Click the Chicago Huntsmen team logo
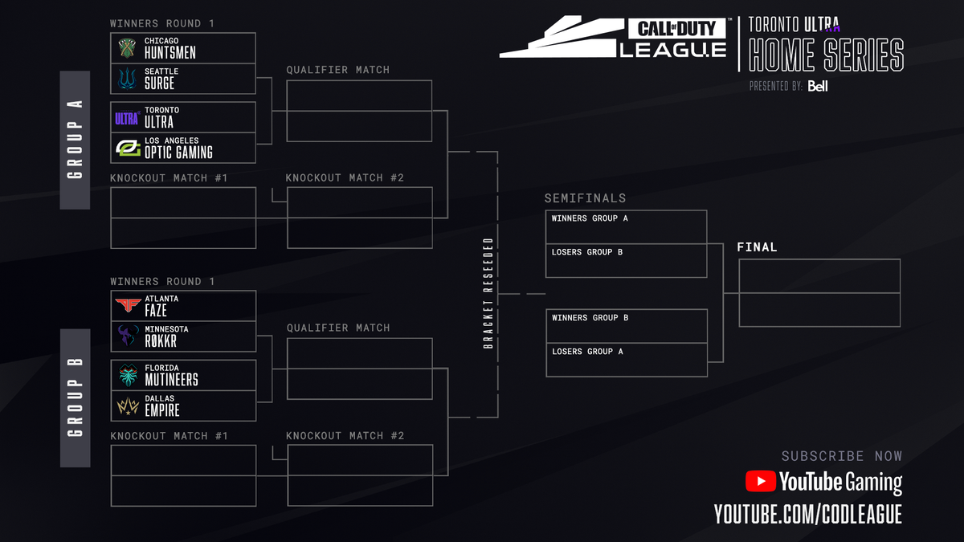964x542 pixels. (x=127, y=48)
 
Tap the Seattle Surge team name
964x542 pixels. (x=160, y=79)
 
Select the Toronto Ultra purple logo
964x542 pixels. (x=127, y=118)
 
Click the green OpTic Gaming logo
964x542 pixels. (x=128, y=148)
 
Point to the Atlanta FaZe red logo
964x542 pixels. (x=127, y=306)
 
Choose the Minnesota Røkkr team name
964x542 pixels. (x=161, y=336)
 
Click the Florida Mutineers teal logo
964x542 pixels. (x=127, y=375)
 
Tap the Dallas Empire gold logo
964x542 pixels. (x=127, y=406)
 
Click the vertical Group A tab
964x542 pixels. (x=76, y=141)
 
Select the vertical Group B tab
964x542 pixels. (x=76, y=397)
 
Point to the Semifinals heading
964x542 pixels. (x=585, y=198)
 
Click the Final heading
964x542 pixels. (x=757, y=247)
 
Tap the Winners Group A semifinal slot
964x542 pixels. (x=626, y=227)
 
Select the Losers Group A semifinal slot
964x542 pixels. (x=626, y=360)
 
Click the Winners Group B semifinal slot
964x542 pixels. (x=626, y=326)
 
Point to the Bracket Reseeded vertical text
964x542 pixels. (x=488, y=293)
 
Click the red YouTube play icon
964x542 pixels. (x=760, y=481)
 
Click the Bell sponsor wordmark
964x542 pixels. (x=818, y=86)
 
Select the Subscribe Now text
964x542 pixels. (x=841, y=456)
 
